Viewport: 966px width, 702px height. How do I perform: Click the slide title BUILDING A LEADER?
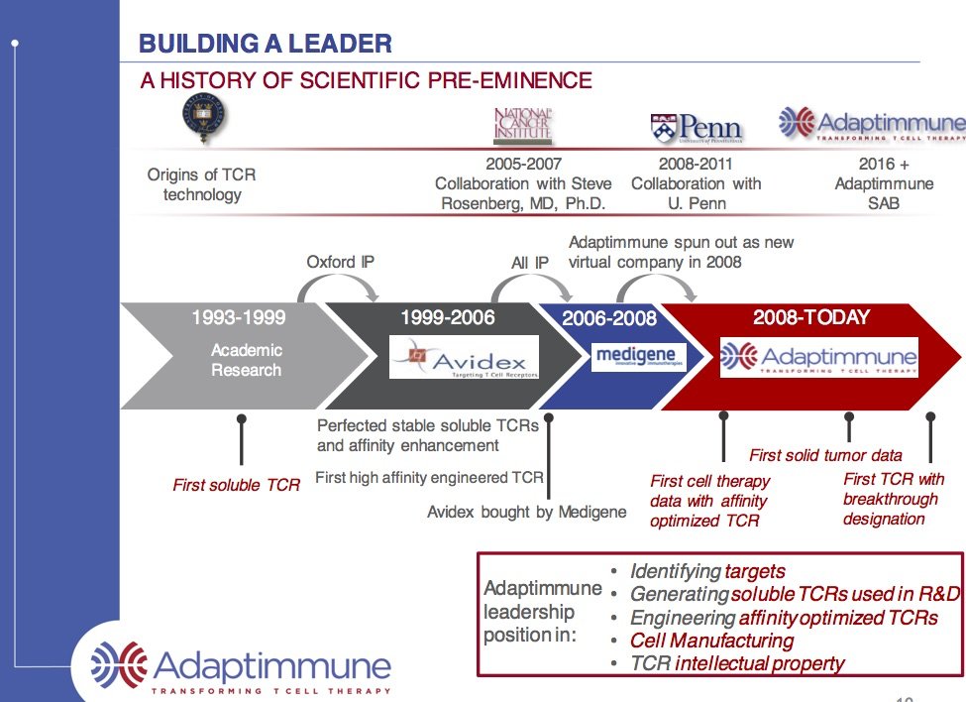(x=265, y=44)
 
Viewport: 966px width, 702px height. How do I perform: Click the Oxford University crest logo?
(x=203, y=118)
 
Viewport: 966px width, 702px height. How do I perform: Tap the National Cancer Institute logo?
(x=522, y=126)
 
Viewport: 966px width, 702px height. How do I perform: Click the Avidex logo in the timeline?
(x=464, y=357)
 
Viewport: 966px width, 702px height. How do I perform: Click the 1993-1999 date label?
(x=238, y=318)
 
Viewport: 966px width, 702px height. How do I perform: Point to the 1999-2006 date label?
(x=447, y=318)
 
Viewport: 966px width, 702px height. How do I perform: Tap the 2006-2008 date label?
(x=609, y=319)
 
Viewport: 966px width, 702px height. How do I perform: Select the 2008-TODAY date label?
(x=810, y=318)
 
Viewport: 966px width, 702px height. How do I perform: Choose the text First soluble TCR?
(x=236, y=485)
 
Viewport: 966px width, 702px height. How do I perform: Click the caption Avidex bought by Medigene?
(x=526, y=512)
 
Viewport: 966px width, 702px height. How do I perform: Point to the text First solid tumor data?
(x=825, y=455)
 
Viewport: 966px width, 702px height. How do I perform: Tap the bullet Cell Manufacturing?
(x=712, y=641)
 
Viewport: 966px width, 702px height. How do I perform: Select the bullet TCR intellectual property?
(x=737, y=663)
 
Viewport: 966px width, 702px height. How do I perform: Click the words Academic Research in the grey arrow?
(x=247, y=360)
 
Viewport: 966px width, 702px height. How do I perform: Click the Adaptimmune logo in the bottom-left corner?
(x=241, y=662)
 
